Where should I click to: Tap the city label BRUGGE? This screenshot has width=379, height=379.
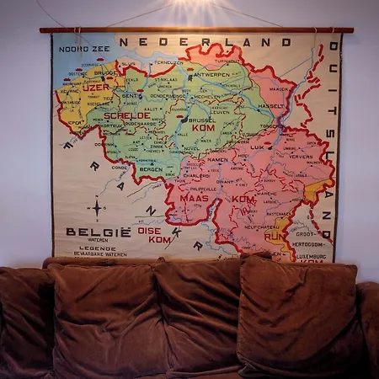[105, 73]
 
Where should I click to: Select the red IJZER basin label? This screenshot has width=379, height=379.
[96, 87]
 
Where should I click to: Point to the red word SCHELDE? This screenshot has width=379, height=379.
[127, 115]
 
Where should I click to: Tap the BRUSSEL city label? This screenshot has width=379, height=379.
[203, 120]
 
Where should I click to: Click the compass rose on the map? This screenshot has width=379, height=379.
[98, 207]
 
